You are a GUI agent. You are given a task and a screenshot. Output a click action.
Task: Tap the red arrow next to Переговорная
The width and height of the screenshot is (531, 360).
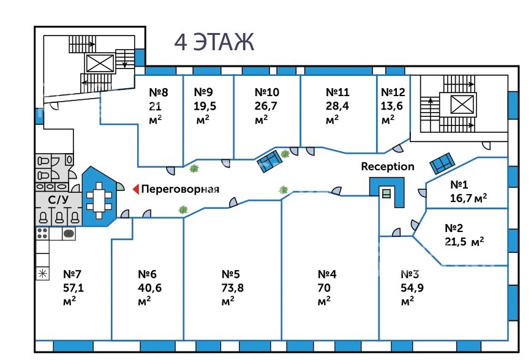[136, 189]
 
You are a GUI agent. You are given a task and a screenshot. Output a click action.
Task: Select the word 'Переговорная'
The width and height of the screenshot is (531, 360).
[180, 189]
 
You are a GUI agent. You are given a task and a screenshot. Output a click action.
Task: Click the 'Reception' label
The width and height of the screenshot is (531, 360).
[387, 167]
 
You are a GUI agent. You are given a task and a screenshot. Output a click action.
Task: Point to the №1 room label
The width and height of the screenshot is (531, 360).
[459, 184]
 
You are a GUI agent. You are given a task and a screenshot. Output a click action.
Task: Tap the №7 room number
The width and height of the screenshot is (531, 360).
[73, 274]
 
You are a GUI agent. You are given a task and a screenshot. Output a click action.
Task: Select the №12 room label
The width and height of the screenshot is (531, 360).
[393, 92]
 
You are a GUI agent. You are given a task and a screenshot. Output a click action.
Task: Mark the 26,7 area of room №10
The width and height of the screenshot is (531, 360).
[266, 105]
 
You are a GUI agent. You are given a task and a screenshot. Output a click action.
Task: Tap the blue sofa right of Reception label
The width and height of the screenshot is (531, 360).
[442, 163]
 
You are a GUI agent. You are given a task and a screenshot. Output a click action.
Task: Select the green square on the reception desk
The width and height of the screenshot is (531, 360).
[386, 193]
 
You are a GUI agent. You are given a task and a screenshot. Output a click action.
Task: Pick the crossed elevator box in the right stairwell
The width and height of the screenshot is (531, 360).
[462, 105]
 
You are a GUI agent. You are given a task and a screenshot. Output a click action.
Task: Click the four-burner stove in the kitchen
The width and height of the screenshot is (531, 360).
[43, 233]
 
